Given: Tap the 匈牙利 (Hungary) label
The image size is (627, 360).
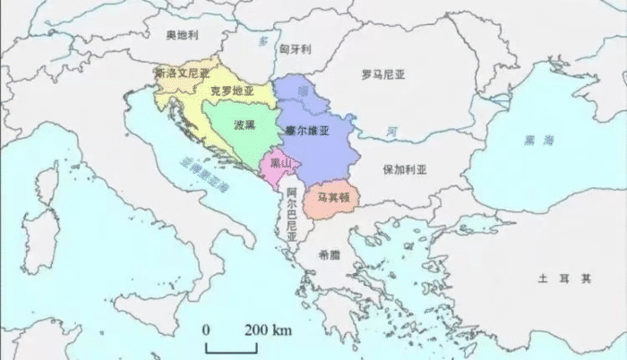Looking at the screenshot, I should (x=295, y=48).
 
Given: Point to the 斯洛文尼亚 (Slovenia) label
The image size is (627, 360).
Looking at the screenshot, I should (x=182, y=73).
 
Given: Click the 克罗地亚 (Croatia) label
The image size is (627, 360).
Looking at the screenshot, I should (x=232, y=90).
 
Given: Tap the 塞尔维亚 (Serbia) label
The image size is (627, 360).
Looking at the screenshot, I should (x=307, y=131).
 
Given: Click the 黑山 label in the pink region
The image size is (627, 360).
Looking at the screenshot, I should (x=280, y=163).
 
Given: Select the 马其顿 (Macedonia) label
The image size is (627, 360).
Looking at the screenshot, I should (x=331, y=196).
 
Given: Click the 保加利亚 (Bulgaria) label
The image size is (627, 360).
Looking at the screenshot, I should (x=405, y=168).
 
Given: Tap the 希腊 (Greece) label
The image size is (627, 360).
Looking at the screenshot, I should (x=329, y=254).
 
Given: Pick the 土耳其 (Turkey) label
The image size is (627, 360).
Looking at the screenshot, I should (x=564, y=279).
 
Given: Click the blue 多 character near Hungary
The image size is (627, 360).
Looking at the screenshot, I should (x=262, y=42).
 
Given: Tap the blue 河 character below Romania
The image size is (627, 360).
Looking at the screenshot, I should (x=391, y=133).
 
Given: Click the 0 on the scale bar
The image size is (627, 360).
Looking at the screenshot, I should (x=206, y=330).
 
